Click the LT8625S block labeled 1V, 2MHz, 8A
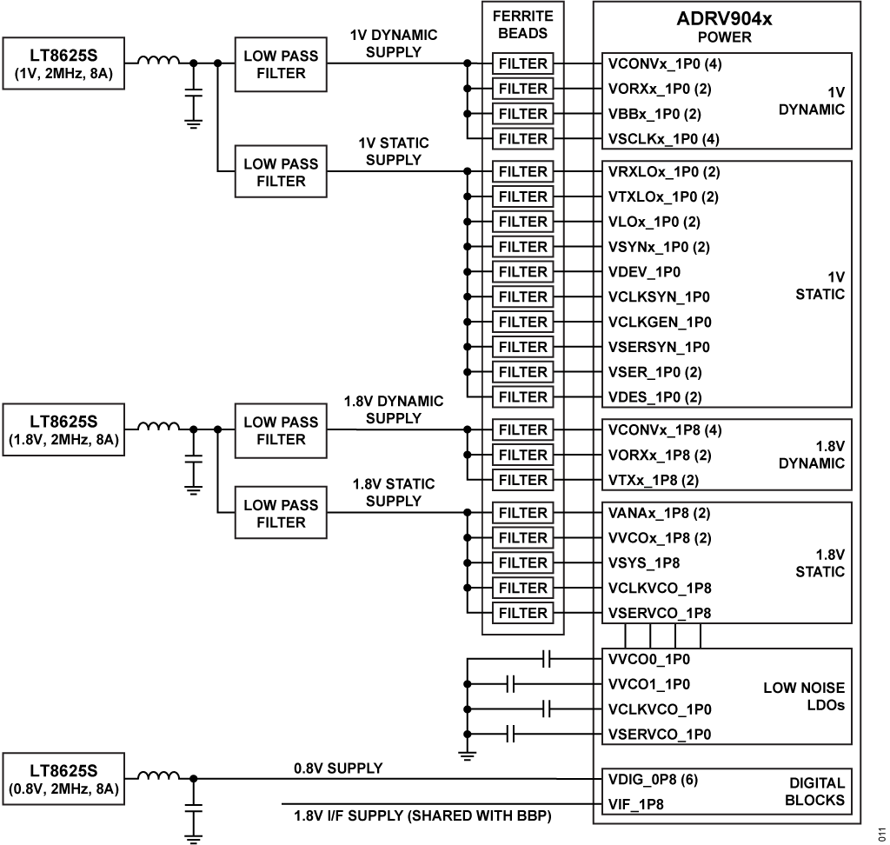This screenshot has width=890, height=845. click(x=63, y=63)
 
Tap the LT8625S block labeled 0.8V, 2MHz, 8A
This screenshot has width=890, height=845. click(x=63, y=779)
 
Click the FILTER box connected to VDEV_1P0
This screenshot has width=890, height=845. click(x=523, y=272)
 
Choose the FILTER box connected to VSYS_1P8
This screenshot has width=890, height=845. click(x=523, y=562)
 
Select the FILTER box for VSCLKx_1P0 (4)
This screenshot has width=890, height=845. click(x=523, y=138)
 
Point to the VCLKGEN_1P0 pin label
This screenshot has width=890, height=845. click(x=660, y=322)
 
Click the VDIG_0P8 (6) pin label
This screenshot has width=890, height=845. click(x=653, y=779)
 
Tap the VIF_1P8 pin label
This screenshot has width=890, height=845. click(x=637, y=805)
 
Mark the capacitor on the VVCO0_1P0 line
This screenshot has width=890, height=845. click(x=547, y=659)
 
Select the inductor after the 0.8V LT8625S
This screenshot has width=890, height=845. click(x=159, y=775)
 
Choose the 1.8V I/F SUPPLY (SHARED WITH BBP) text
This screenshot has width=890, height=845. click(x=422, y=817)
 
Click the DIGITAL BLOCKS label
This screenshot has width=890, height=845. click(x=814, y=791)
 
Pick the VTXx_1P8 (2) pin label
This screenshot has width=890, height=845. click(x=654, y=480)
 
